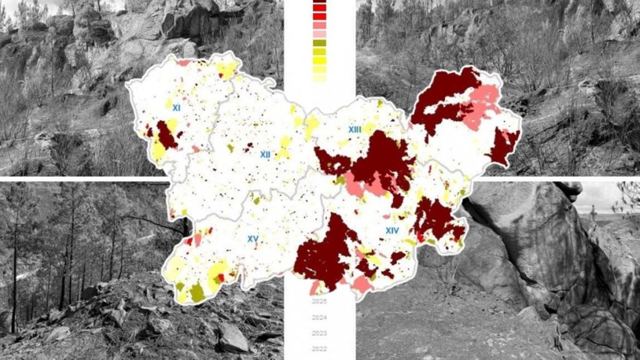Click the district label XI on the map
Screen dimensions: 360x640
176,108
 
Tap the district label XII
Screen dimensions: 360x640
265,155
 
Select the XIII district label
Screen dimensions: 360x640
355,130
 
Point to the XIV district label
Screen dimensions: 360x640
392,230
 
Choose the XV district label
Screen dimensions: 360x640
253,238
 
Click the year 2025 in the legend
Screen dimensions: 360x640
319,301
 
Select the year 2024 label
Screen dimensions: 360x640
319,317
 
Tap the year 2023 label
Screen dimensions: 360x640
319,333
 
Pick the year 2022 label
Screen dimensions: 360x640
319,349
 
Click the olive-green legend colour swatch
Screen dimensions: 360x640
319,43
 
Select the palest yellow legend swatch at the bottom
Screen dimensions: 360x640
319,78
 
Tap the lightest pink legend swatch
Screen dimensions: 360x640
319,34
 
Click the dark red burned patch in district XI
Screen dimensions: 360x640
166,135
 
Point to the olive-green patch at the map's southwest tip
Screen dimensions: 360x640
197,292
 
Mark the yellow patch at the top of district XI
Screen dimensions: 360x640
227,69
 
